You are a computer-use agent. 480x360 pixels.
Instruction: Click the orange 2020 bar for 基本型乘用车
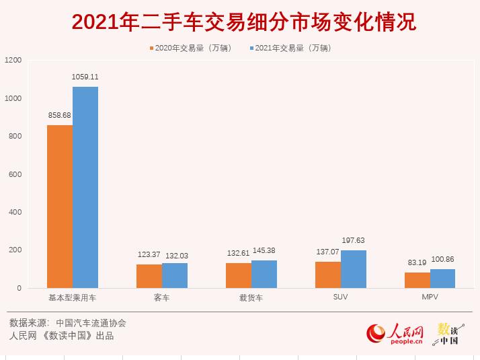[x=60, y=207]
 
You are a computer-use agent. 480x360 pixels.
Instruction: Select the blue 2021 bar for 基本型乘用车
[x=85, y=188]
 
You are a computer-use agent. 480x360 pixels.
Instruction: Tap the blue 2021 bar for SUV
[x=354, y=269]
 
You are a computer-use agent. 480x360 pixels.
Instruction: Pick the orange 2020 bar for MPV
[x=417, y=280]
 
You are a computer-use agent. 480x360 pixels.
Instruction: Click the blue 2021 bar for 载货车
[x=264, y=274]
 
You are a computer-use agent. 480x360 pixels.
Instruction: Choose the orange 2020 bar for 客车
[x=149, y=276]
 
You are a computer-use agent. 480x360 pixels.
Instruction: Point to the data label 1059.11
[x=85, y=77]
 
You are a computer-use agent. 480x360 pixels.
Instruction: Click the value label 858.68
[x=60, y=115]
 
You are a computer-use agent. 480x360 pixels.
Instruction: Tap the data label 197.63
[x=354, y=240]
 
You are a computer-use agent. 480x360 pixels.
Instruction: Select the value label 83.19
[x=417, y=262]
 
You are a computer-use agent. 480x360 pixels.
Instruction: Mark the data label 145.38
[x=264, y=250]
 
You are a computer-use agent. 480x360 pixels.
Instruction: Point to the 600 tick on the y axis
[x=15, y=174]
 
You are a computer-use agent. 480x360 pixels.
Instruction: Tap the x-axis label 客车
[x=162, y=297]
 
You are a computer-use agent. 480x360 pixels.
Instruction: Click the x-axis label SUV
[x=341, y=297]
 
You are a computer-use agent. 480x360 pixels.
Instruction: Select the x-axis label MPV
[x=430, y=297]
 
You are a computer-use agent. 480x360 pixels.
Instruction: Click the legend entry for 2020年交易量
[x=190, y=48]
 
